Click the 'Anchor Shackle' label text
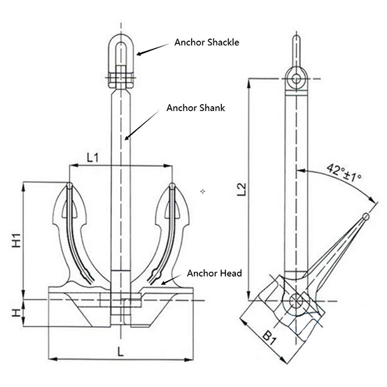[207, 42]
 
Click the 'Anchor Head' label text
[214, 273]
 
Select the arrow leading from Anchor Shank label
[143, 126]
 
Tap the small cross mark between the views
[202, 190]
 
